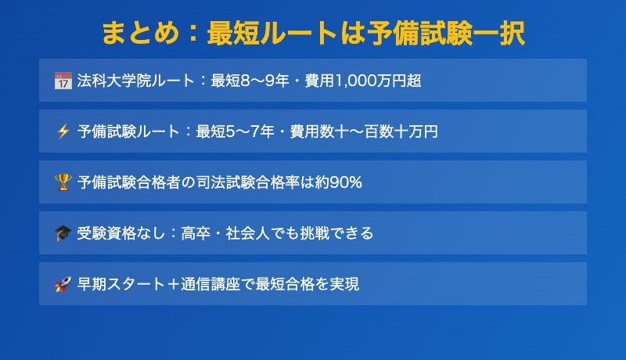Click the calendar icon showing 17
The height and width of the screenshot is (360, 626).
pos(63,81)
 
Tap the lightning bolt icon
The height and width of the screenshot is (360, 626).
pos(63,131)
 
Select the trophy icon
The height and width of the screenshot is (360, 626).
pos(63,182)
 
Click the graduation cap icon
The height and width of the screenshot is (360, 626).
pos(63,233)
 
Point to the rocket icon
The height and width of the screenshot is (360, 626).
pos(63,284)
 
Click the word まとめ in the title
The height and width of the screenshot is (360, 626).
pos(141,33)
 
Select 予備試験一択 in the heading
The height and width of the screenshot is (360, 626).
pos(446,33)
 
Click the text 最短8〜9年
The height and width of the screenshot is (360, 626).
pos(250,81)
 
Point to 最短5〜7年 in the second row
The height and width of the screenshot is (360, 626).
pos(236,131)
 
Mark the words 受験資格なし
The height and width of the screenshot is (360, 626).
pos(121,233)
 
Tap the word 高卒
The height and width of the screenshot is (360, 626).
pos(196,233)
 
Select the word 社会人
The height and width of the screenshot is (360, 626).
pos(248,233)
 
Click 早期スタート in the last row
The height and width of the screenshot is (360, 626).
pos(121,284)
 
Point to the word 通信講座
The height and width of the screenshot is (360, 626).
pos(210,284)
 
